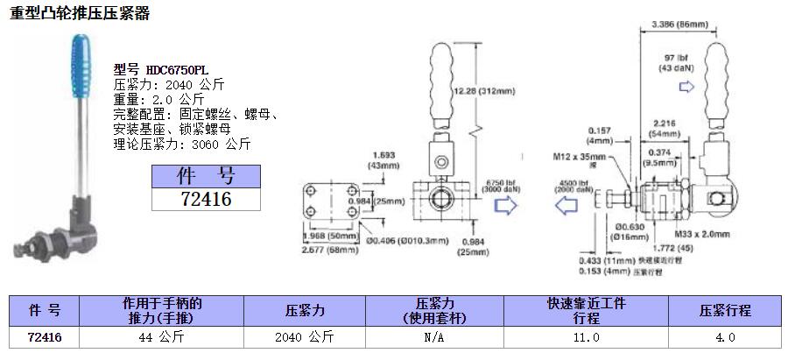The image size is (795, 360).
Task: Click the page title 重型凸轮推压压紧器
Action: pos(80,14)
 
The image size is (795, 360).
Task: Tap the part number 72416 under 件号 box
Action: pos(205,200)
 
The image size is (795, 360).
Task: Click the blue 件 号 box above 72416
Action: pos(205,177)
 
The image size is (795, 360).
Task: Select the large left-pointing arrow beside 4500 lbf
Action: pos(569,204)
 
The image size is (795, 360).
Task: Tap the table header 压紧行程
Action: pos(725,309)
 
